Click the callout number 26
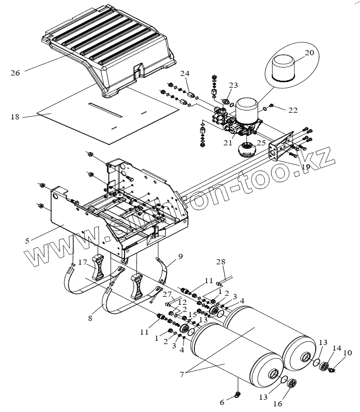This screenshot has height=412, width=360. click(x=16, y=73)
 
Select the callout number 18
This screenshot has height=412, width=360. click(x=16, y=117)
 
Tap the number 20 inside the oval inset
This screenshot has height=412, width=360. click(x=309, y=53)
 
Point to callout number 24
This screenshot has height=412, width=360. click(x=184, y=73)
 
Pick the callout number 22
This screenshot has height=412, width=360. click(x=293, y=110)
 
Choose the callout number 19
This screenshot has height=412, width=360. click(x=305, y=167)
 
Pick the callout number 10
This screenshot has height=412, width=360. click(x=348, y=353)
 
